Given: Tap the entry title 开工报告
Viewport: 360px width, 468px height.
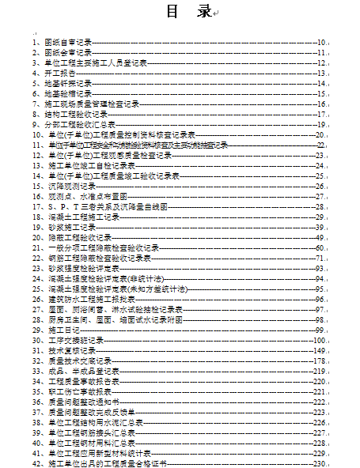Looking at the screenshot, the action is pos(59,72).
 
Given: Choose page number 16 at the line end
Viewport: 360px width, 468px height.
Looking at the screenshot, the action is pos(321,104).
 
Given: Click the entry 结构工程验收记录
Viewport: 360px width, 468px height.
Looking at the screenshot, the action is pos(75,114).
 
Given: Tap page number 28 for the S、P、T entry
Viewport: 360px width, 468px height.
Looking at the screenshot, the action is pos(320,206).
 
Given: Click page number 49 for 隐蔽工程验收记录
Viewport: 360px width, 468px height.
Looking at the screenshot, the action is pos(320,237).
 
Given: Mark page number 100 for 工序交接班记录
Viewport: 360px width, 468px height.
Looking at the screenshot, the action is pos(319,340).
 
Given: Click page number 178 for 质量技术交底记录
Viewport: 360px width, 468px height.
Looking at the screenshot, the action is pos(319,360).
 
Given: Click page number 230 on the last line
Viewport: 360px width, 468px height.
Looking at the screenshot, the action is pos(319,464).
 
